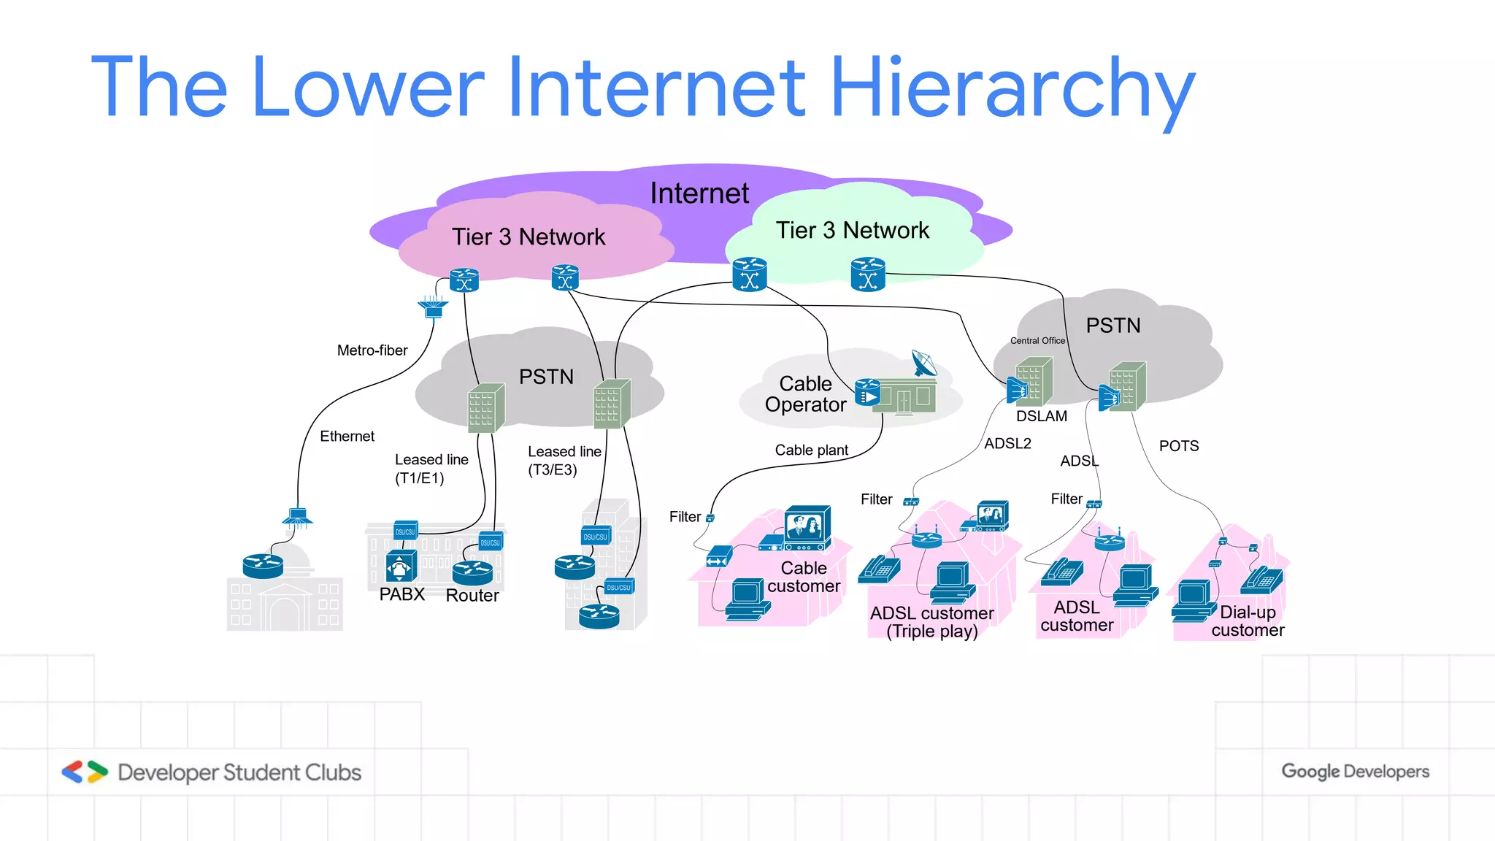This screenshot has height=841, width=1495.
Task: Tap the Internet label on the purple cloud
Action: [699, 193]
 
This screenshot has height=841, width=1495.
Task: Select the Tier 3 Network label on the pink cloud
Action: [528, 237]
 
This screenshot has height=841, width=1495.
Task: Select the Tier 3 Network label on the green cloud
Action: [852, 231]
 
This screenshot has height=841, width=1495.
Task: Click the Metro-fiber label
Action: [372, 350]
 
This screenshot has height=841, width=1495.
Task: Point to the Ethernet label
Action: [347, 436]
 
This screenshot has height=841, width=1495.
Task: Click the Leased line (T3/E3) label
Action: [564, 461]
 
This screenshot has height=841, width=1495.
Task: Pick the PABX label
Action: [401, 594]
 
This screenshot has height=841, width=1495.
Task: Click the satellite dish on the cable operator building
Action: [924, 363]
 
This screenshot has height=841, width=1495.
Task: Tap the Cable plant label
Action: [811, 450]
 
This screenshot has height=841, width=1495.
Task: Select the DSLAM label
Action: [1041, 416]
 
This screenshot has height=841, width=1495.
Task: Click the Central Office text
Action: [1037, 341]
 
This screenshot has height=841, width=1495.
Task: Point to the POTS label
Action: [1178, 446]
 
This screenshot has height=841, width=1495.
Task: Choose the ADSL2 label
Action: [1007, 443]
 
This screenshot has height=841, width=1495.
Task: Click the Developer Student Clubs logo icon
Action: [85, 772]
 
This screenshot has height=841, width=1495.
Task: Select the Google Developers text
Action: [1355, 772]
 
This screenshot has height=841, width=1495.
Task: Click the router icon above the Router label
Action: [472, 572]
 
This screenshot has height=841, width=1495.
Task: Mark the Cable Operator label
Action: [805, 394]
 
